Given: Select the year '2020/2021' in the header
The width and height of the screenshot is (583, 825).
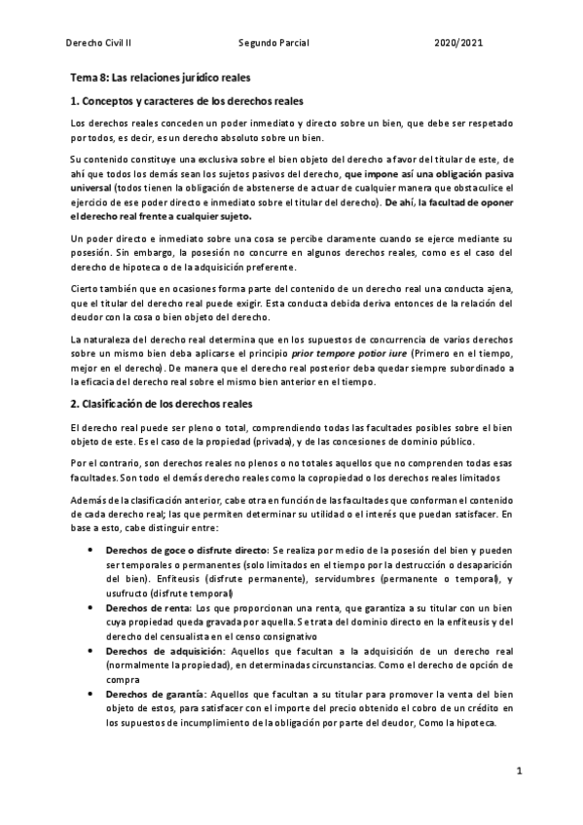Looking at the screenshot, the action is (x=458, y=45).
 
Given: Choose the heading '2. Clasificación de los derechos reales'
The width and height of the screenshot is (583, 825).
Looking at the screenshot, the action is (x=162, y=403).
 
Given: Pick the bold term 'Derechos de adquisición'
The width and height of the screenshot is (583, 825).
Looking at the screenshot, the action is (x=165, y=650).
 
